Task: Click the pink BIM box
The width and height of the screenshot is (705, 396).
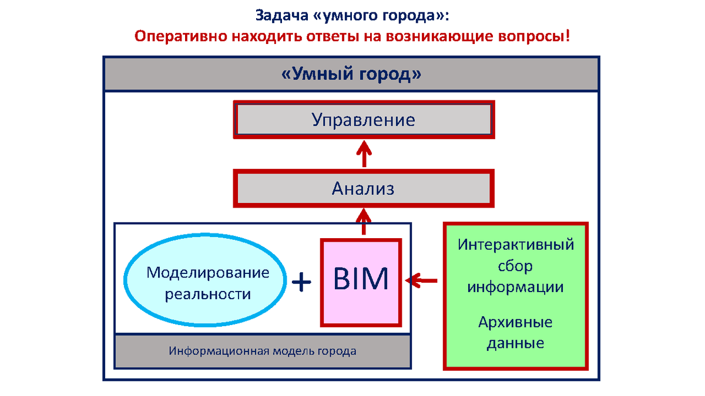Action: click(x=361, y=282)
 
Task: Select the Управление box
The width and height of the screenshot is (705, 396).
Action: click(x=363, y=120)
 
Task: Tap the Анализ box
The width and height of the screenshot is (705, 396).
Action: click(x=363, y=188)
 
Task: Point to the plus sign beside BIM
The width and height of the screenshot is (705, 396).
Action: click(x=301, y=282)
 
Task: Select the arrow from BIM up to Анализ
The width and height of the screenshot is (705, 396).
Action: click(x=364, y=222)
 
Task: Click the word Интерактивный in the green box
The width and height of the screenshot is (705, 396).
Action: click(x=516, y=244)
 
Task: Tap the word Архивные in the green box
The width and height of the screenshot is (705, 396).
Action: click(x=515, y=322)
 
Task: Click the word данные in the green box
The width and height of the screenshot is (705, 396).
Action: click(x=515, y=343)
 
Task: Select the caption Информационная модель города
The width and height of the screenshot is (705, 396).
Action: click(x=263, y=351)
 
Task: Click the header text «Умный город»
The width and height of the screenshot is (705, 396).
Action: click(x=351, y=75)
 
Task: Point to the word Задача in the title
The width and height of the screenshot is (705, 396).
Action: click(x=280, y=14)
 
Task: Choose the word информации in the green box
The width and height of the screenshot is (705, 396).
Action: click(x=515, y=287)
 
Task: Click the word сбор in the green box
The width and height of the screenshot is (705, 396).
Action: click(x=515, y=266)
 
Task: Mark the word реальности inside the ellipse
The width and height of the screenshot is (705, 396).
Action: click(x=208, y=294)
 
